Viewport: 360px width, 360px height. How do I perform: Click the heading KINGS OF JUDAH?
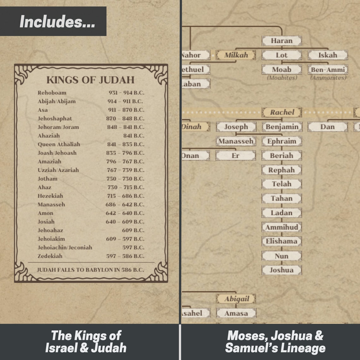pyautogui.click(x=90, y=80)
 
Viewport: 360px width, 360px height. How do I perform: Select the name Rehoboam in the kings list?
pyautogui.click(x=52, y=93)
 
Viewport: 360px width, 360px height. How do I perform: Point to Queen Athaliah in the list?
pyautogui.click(x=59, y=144)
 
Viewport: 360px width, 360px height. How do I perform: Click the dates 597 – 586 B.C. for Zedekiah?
pyautogui.click(x=125, y=256)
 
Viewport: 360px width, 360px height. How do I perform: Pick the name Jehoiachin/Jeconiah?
pyautogui.click(x=65, y=248)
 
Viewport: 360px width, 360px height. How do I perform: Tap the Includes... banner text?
pyautogui.click(x=57, y=22)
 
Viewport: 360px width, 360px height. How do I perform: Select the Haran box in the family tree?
pyautogui.click(x=281, y=41)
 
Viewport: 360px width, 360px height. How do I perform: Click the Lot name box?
pyautogui.click(x=281, y=55)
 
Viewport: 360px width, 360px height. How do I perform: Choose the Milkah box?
pyautogui.click(x=236, y=55)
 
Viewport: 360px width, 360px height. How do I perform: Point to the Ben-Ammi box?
pyautogui.click(x=328, y=69)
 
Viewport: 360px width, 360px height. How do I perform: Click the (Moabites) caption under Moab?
pyautogui.click(x=282, y=78)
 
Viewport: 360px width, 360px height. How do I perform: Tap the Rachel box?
pyautogui.click(x=282, y=112)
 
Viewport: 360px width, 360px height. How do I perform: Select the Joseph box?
pyautogui.click(x=236, y=127)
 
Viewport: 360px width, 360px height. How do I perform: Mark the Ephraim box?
pyautogui.click(x=282, y=141)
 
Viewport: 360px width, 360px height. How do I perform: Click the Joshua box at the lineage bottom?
pyautogui.click(x=281, y=270)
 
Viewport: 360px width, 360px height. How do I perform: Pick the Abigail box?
pyautogui.click(x=236, y=299)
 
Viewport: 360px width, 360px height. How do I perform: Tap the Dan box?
pyautogui.click(x=327, y=127)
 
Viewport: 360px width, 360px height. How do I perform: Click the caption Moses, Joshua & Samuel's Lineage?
pyautogui.click(x=275, y=342)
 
